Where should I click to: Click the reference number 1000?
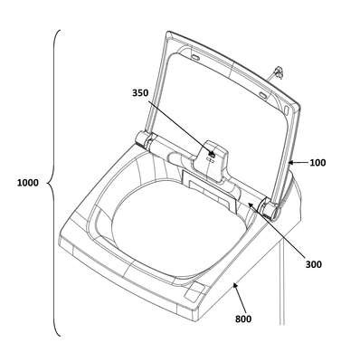point(28,183)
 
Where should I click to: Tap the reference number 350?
point(140,93)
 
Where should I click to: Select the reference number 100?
point(317,163)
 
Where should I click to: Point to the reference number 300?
point(314,264)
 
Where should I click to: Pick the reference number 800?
point(243,319)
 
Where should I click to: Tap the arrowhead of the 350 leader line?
point(213,155)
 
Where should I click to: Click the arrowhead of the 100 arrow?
point(291,163)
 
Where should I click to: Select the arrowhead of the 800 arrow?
point(235,285)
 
